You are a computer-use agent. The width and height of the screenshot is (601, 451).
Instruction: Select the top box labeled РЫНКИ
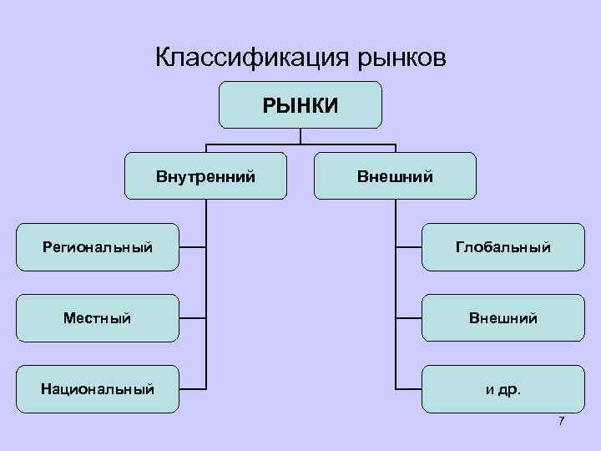tap(300, 104)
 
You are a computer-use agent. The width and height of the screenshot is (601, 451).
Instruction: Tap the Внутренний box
tap(205, 175)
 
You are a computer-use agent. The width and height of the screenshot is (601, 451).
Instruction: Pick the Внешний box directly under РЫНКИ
tap(395, 175)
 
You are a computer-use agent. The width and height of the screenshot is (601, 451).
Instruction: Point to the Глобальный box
tap(503, 247)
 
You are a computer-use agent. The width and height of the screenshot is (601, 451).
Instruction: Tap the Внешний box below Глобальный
tap(503, 318)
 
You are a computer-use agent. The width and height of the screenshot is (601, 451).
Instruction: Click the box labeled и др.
tap(503, 389)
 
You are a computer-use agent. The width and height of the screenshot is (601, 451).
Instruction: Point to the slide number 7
tap(561, 420)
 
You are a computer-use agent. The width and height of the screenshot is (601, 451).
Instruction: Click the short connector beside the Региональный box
tap(192, 247)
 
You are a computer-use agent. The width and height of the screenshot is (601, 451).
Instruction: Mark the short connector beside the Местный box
tap(192, 318)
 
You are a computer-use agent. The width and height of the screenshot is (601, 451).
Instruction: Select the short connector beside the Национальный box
tap(192, 389)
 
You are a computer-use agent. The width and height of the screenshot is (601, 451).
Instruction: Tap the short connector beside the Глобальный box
tap(408, 247)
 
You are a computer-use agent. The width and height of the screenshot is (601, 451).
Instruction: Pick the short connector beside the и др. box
tap(408, 389)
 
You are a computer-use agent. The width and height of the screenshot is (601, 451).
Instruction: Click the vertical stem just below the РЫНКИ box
tap(300, 136)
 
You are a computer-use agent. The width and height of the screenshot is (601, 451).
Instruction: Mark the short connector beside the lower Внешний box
tap(408, 318)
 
